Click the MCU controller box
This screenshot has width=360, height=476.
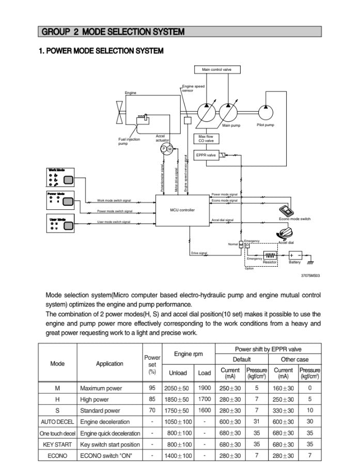point(182,210)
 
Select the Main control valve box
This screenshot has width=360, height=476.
point(217,70)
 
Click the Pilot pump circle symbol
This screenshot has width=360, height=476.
point(265,111)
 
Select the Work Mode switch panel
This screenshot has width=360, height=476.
point(61,178)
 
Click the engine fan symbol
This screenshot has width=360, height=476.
point(119,112)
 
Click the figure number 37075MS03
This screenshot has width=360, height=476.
point(310,275)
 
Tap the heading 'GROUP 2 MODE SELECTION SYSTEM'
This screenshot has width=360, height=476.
point(112,32)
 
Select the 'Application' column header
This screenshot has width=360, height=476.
point(109,363)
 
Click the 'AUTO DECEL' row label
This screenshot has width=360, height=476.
point(57,422)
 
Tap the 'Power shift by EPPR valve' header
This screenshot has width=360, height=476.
point(268,349)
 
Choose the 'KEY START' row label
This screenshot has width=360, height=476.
point(57,444)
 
